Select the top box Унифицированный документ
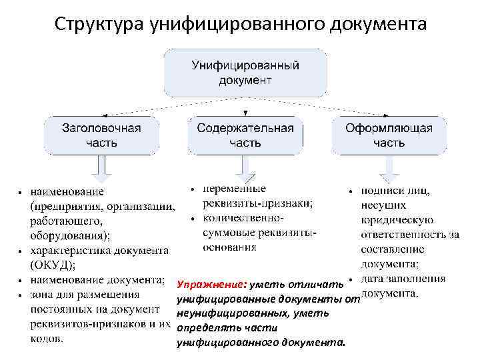[x=245, y=73]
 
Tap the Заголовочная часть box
[x=101, y=135]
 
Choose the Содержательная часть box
[x=245, y=135]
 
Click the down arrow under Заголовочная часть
[x=102, y=169]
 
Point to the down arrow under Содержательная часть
[x=245, y=169]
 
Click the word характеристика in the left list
[x=75, y=250]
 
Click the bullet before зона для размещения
[x=22, y=295]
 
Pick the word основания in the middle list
[x=229, y=247]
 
